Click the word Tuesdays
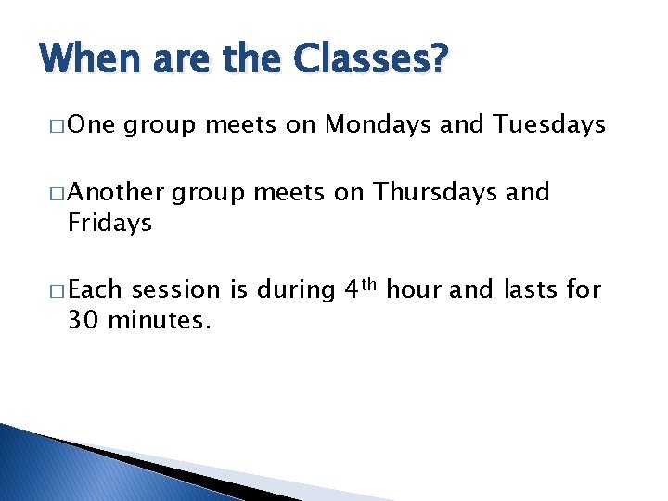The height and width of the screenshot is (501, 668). (x=550, y=125)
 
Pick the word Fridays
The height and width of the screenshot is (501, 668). (x=109, y=224)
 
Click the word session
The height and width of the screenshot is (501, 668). (x=176, y=291)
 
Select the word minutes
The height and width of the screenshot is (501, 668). (x=160, y=322)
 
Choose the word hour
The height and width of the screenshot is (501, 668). (x=414, y=291)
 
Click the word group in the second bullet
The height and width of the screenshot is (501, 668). (x=210, y=194)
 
